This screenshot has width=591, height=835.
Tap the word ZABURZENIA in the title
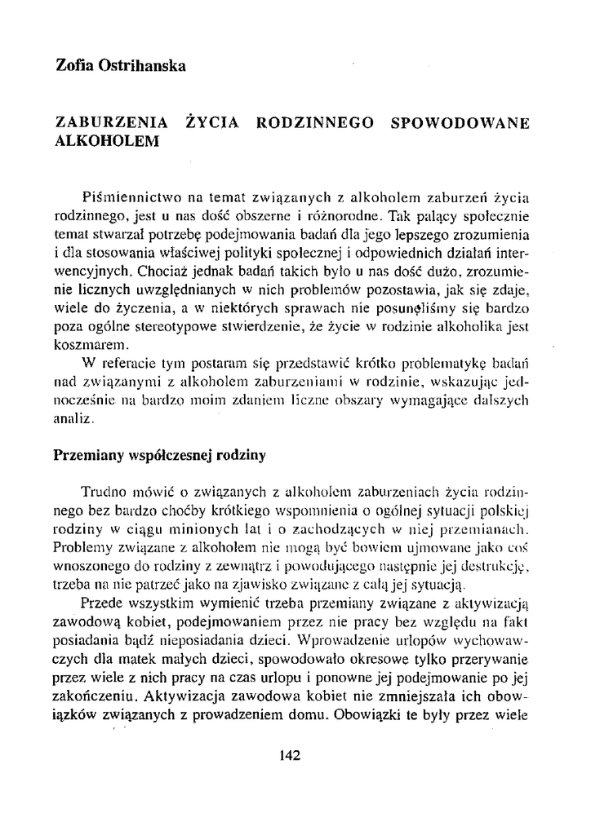point(111,123)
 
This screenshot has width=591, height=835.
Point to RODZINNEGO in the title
point(315,123)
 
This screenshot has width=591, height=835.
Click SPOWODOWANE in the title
point(460,123)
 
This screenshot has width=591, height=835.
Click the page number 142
point(291,755)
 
